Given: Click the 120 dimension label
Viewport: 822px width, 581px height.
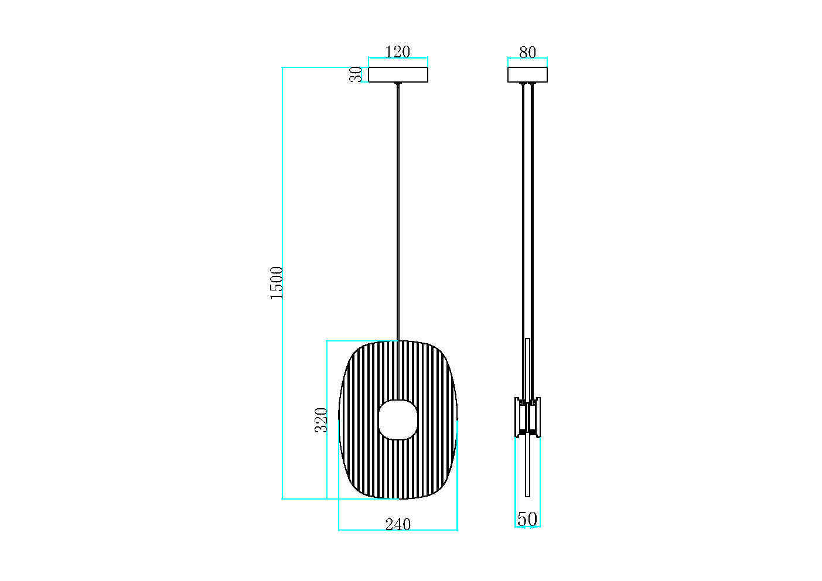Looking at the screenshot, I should pos(397,52).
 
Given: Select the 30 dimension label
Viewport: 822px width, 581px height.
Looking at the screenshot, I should pos(356,74).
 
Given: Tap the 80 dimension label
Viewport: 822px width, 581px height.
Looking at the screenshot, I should pos(527,52).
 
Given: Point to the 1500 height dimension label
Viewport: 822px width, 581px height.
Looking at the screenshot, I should pos(277,283).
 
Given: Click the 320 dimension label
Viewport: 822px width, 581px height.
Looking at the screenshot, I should pos(321,419).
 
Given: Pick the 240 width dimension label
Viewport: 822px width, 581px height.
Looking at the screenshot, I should pos(398,524).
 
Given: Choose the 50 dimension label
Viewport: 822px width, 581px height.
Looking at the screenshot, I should pos(527,519).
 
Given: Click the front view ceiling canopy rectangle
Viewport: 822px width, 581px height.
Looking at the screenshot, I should pos(398,74).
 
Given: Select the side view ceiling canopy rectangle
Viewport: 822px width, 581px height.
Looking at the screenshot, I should pos(527,74).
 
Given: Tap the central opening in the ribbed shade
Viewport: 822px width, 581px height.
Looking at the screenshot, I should pos(398,419).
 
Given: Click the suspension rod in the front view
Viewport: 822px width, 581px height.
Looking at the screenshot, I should pos(398,211).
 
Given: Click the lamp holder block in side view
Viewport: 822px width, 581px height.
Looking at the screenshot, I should pos(527,417).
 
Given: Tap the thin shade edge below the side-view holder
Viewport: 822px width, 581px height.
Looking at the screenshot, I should pos(527,469).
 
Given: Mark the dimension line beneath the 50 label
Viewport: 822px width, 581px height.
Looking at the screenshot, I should pos(527,527).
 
